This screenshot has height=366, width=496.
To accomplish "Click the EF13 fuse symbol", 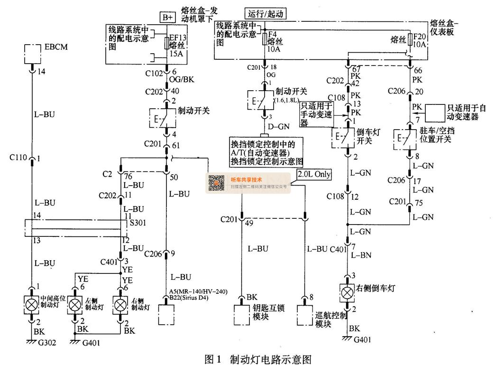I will pyautogui.click(x=166, y=44).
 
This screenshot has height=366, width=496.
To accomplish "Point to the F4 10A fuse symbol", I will pyautogui.click(x=265, y=39).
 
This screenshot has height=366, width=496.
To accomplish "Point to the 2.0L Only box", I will pyautogui.click(x=313, y=175).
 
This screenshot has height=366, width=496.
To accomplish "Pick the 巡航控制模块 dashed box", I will pyautogui.click(x=306, y=314).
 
